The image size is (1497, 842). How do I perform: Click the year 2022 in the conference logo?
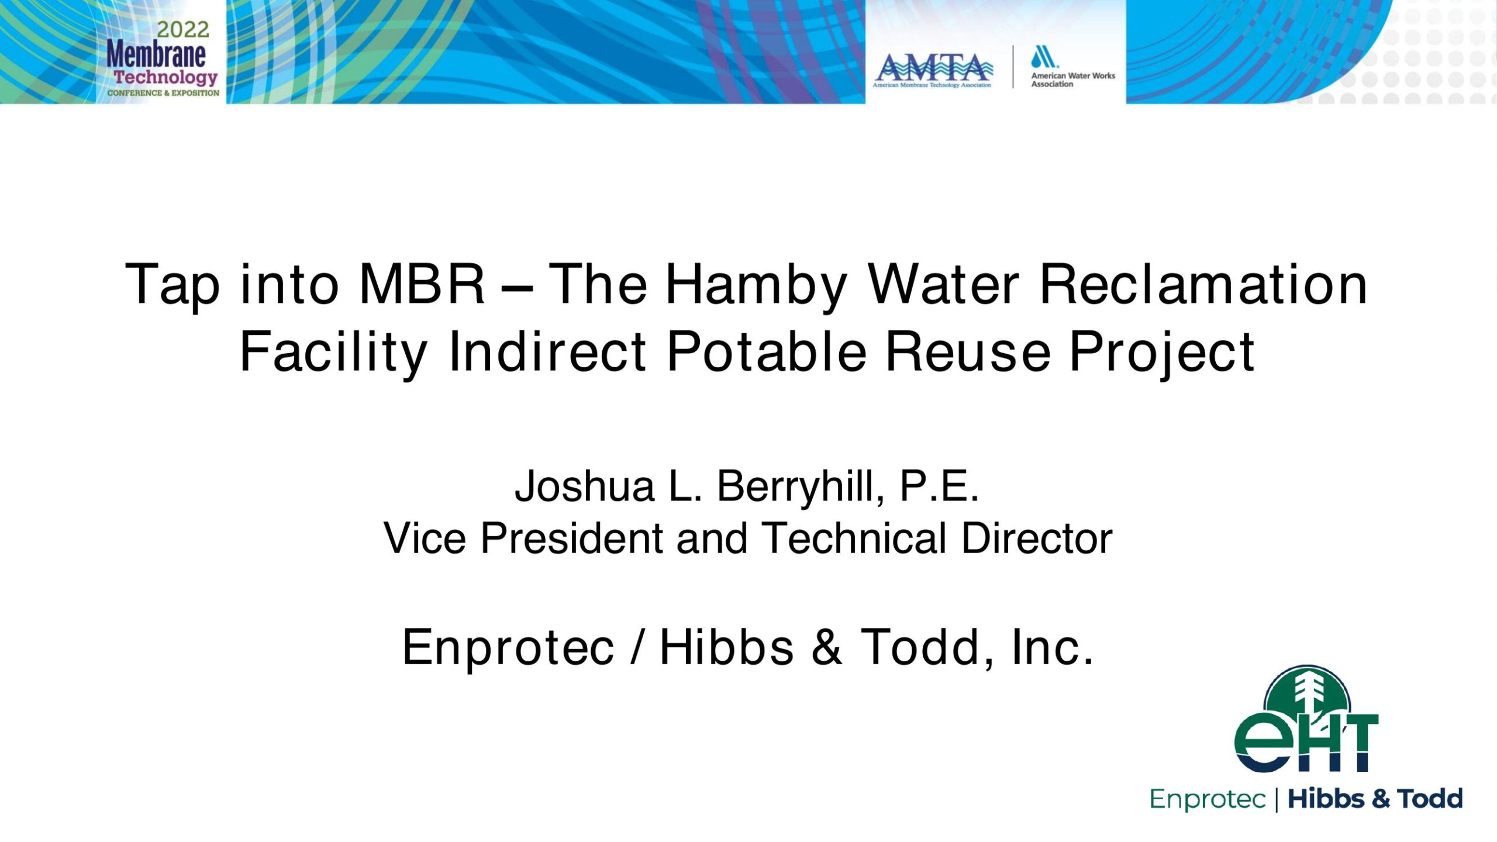coord(183,29)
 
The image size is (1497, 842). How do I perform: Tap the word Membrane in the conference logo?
coord(156,54)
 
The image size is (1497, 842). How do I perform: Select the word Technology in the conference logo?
coord(165,78)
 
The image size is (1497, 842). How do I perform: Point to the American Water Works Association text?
coord(1073,80)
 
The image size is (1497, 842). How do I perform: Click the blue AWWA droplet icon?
coord(1044,57)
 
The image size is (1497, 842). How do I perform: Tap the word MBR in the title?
coord(422,284)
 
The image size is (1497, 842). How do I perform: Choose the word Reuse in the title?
coord(968,351)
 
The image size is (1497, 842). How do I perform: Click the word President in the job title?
coord(571,538)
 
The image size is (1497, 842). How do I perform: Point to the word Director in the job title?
coord(1037,538)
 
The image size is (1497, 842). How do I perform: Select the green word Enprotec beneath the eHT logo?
coord(1208,799)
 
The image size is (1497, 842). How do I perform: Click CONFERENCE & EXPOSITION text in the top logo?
coord(163,93)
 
